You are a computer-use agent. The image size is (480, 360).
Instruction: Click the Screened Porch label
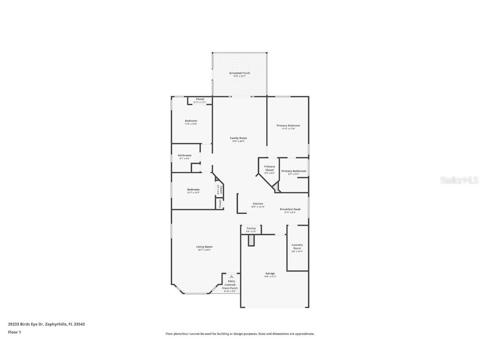(240, 73)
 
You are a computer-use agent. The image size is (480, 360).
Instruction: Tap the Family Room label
(238, 138)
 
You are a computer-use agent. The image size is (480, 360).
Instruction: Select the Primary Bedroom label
(288, 125)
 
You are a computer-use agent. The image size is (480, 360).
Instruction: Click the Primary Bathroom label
(294, 171)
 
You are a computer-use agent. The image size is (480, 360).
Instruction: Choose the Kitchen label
(258, 204)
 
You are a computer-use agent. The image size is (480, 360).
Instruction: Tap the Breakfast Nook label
(290, 209)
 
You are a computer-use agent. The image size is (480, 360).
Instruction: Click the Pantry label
(251, 228)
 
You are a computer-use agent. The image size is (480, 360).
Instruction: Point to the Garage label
(270, 274)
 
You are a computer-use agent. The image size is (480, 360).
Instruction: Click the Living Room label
(204, 247)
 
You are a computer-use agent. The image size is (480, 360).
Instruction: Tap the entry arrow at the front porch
(231, 276)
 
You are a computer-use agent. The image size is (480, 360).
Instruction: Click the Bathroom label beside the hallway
(185, 155)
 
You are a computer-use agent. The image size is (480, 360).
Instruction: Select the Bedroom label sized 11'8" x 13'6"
(191, 121)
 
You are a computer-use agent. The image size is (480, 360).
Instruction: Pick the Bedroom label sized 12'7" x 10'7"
(193, 190)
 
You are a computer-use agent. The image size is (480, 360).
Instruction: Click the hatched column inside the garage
(251, 240)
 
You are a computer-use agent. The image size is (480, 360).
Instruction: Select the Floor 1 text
(14, 332)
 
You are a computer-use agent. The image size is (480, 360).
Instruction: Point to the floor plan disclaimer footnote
(240, 334)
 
